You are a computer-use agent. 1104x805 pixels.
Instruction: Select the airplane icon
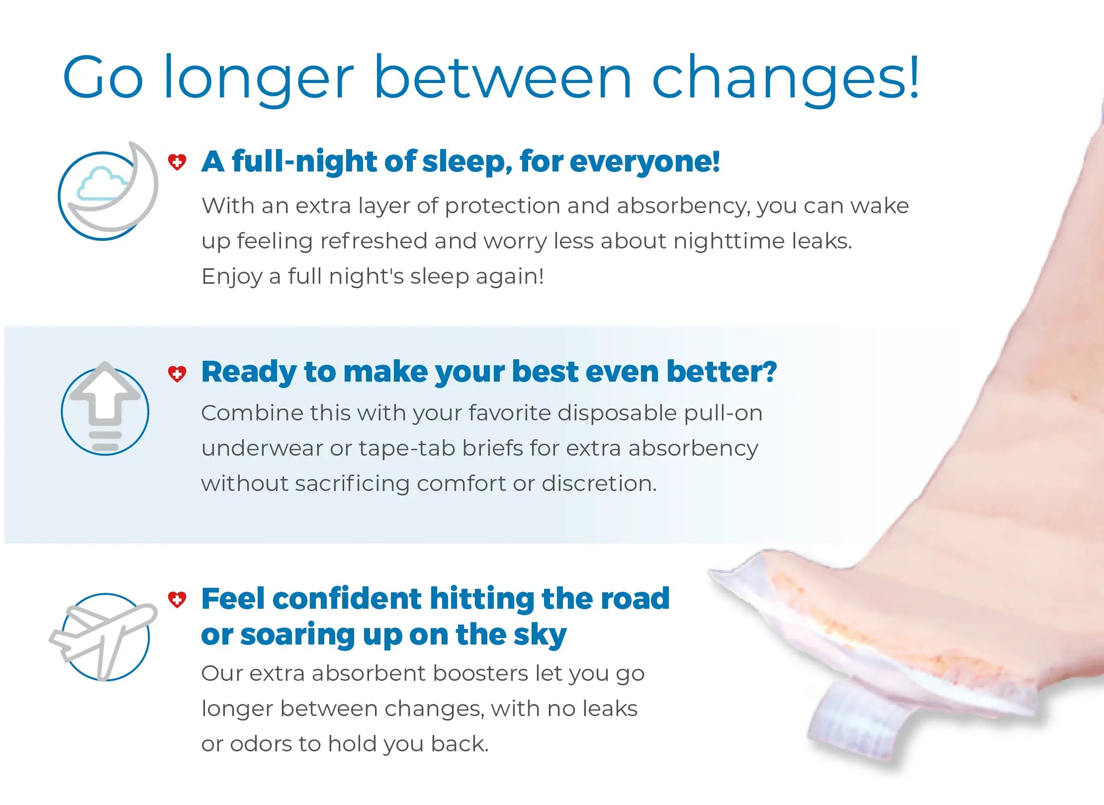click(103, 636)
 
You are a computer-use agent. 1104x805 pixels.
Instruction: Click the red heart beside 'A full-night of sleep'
click(177, 162)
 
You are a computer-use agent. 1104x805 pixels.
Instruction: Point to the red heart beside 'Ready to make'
click(177, 373)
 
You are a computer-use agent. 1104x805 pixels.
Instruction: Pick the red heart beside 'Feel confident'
click(177, 599)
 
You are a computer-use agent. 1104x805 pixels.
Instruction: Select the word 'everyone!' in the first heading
click(645, 162)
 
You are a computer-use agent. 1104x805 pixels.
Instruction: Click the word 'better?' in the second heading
click(721, 372)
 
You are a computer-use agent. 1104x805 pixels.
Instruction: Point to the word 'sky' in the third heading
click(540, 635)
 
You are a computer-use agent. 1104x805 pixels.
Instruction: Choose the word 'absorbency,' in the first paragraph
click(683, 206)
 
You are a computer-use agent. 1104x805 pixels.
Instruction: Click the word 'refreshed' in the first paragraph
click(373, 240)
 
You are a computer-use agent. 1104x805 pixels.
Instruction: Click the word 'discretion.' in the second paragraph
click(599, 484)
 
